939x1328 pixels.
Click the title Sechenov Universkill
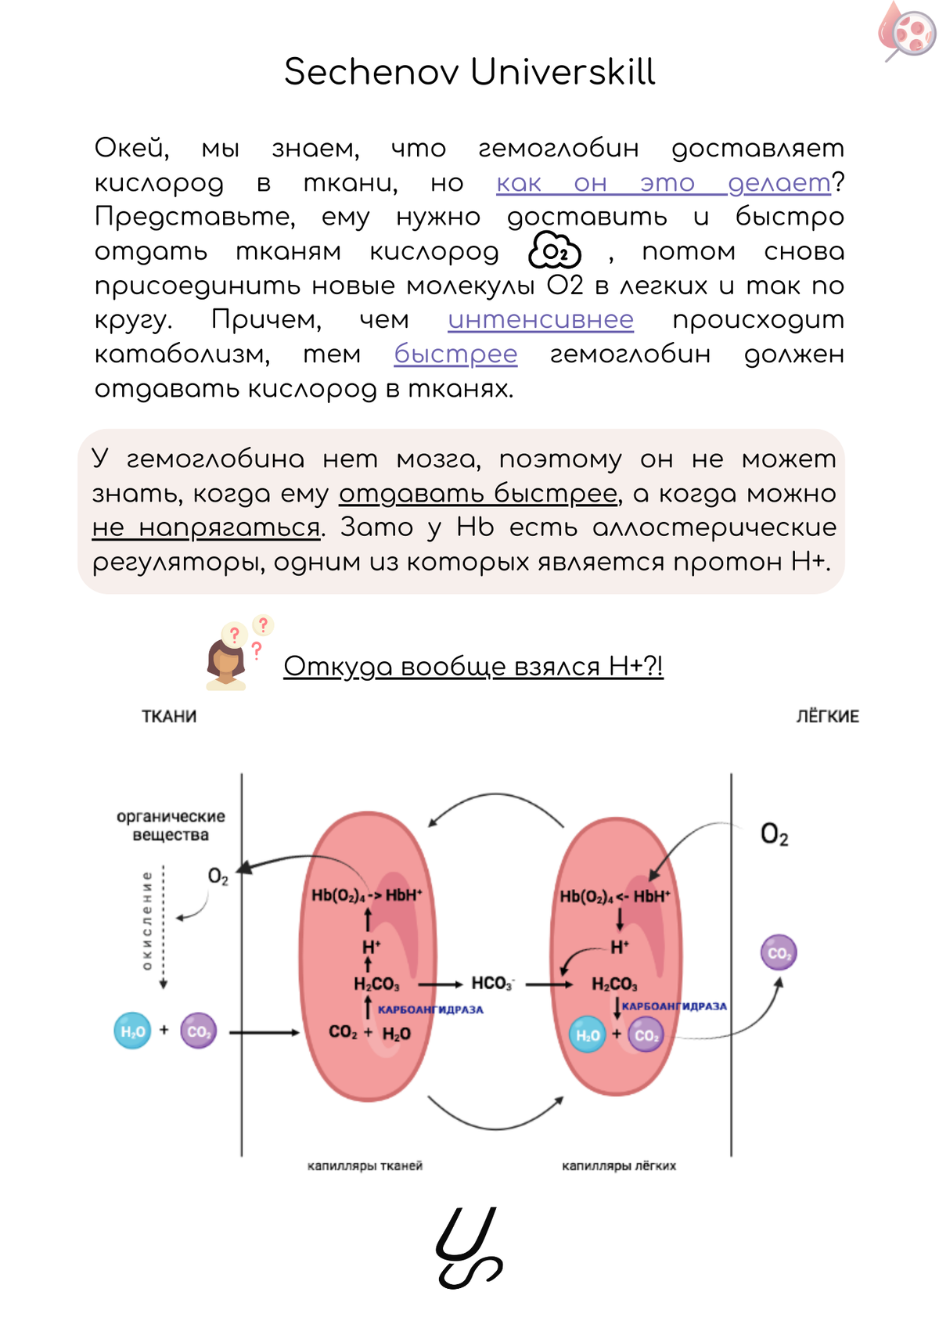coord(469,72)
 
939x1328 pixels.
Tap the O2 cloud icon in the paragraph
coord(555,251)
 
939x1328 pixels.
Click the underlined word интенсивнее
coord(541,319)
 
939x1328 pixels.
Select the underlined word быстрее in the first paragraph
coord(455,354)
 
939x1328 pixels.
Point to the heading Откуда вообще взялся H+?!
coord(473,666)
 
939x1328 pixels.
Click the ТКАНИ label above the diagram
coord(169,716)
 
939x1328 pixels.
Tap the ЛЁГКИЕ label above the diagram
coord(827,716)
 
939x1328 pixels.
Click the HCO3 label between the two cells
coord(492,984)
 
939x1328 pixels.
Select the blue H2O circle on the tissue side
coord(132,1031)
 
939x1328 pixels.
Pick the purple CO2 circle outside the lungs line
coord(779,952)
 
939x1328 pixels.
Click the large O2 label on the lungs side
coord(774,835)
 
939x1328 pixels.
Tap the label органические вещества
coord(171,826)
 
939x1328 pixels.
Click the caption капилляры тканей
coord(365,1166)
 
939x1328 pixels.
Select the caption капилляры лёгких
coord(619,1166)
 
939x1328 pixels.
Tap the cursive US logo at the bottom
coord(468,1247)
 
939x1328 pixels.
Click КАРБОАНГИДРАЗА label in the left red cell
coord(430,1009)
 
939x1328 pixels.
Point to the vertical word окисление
coord(146,921)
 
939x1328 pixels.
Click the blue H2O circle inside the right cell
coord(587,1035)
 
